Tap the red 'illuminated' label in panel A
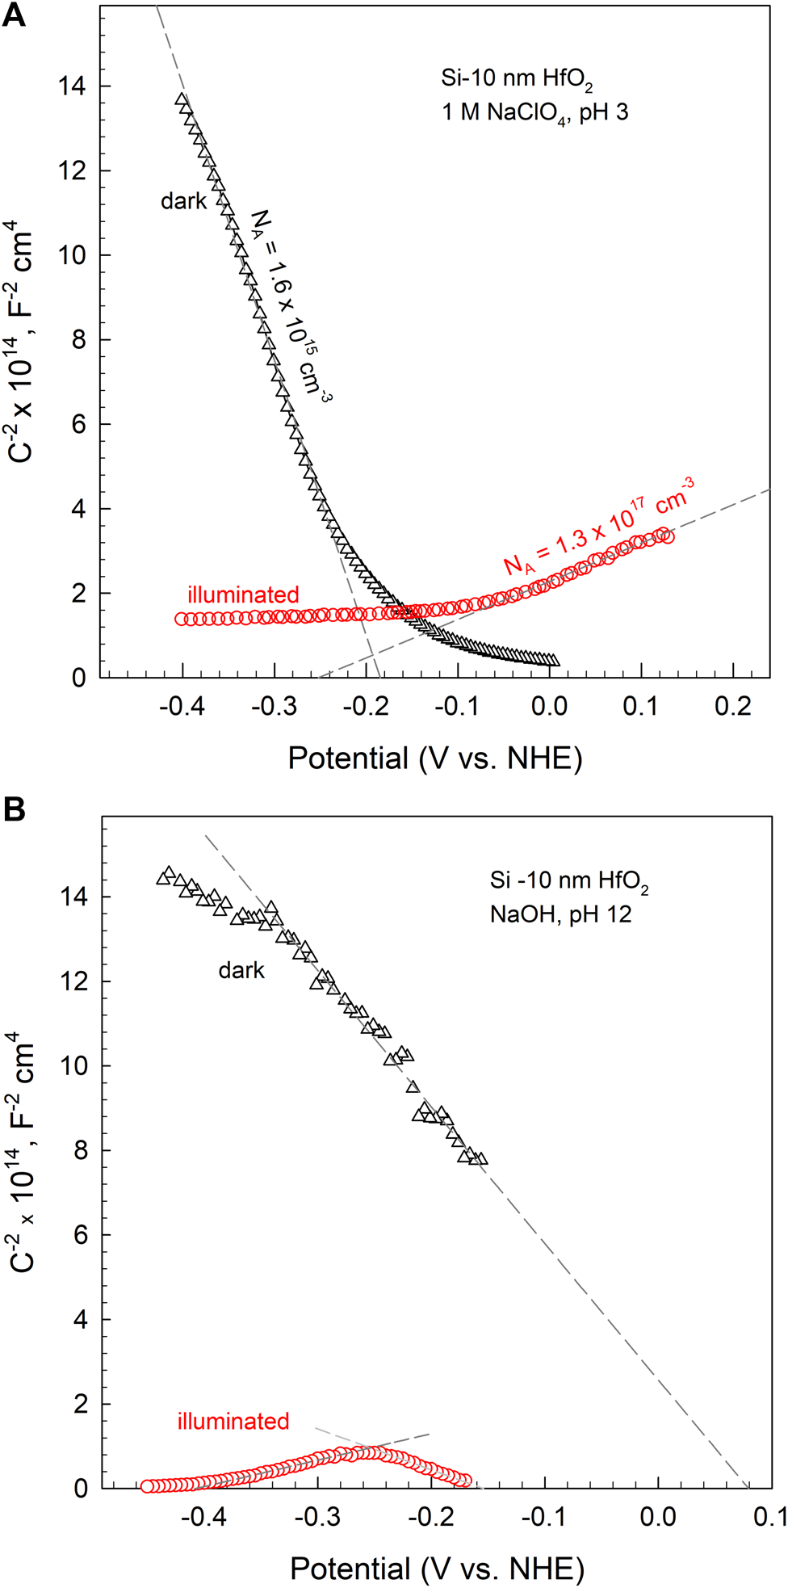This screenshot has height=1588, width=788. pyautogui.click(x=243, y=595)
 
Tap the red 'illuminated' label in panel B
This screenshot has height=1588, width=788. pyautogui.click(x=233, y=1422)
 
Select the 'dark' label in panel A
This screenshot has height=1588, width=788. pyautogui.click(x=183, y=201)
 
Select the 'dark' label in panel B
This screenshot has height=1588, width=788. pyautogui.click(x=241, y=970)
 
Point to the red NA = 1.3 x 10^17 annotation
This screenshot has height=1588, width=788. pyautogui.click(x=598, y=526)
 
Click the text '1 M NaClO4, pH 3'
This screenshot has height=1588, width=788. pyautogui.click(x=534, y=112)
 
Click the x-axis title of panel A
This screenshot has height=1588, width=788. pyautogui.click(x=435, y=758)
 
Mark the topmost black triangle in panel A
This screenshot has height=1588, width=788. pyautogui.click(x=182, y=100)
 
